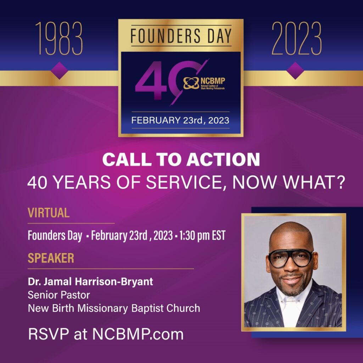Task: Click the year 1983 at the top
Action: pyautogui.click(x=59, y=38)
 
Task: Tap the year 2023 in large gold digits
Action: pyautogui.click(x=297, y=38)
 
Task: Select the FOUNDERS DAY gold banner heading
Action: pyautogui.click(x=181, y=36)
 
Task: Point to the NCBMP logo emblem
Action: pyautogui.click(x=191, y=83)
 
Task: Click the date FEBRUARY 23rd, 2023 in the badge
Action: pyautogui.click(x=180, y=121)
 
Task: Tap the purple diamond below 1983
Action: pyautogui.click(x=59, y=71)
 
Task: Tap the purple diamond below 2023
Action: pyautogui.click(x=295, y=71)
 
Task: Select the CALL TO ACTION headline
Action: pyautogui.click(x=181, y=159)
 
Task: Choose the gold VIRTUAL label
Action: pyautogui.click(x=49, y=213)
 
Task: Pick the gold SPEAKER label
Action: pyautogui.click(x=51, y=258)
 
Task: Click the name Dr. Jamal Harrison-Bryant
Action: pyautogui.click(x=90, y=281)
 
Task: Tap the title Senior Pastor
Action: pyautogui.click(x=59, y=295)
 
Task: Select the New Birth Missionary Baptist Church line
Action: pyautogui.click(x=114, y=308)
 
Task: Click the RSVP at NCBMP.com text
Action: pyautogui.click(x=106, y=334)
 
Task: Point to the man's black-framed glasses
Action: pyautogui.click(x=290, y=258)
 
